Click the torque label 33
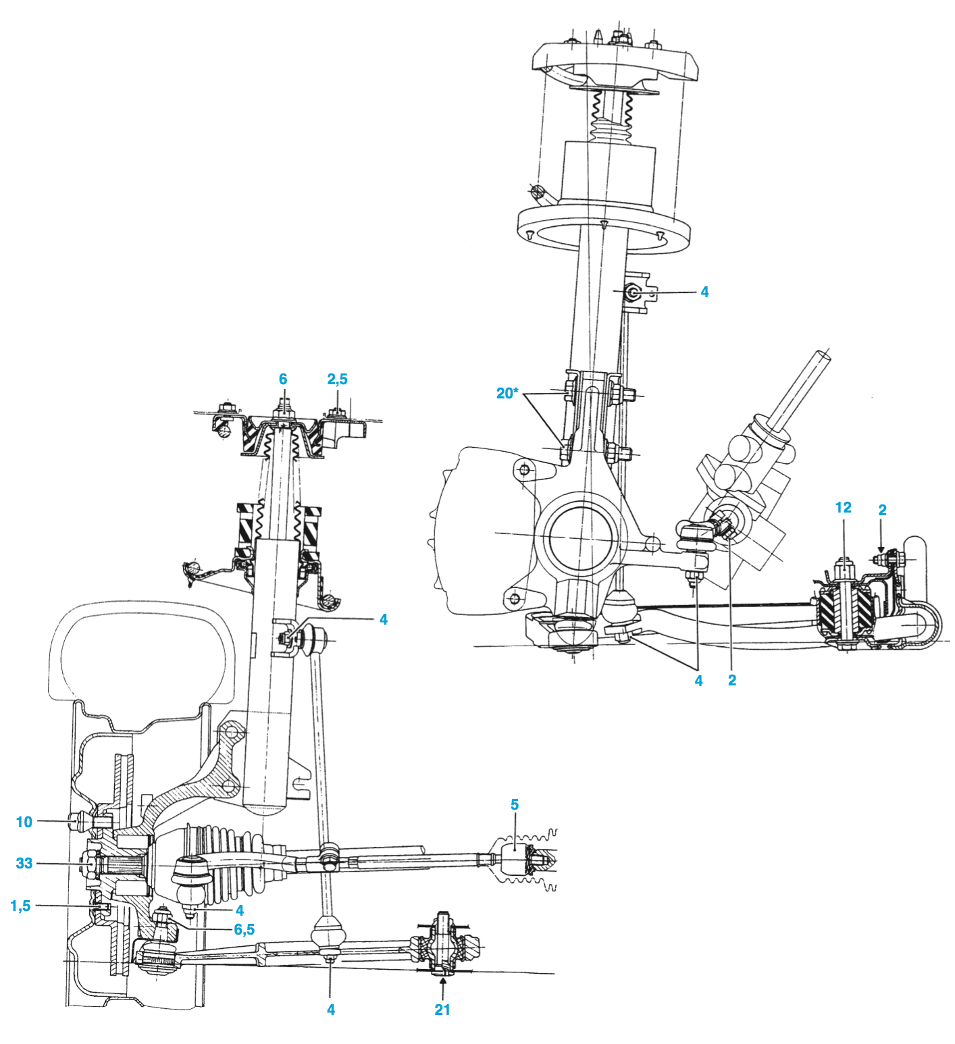tap(24, 863)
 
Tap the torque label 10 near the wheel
tap(24, 822)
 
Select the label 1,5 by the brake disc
tap(20, 906)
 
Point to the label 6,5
tap(244, 930)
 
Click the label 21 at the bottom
tap(442, 1010)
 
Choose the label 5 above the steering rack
tap(515, 804)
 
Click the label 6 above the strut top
tap(283, 380)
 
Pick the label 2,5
tap(337, 380)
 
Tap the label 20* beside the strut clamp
tap(507, 393)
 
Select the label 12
tap(843, 508)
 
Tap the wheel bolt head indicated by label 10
tap(77, 822)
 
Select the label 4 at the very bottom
tap(330, 1010)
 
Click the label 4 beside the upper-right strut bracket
tap(704, 292)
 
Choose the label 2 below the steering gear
tap(732, 681)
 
